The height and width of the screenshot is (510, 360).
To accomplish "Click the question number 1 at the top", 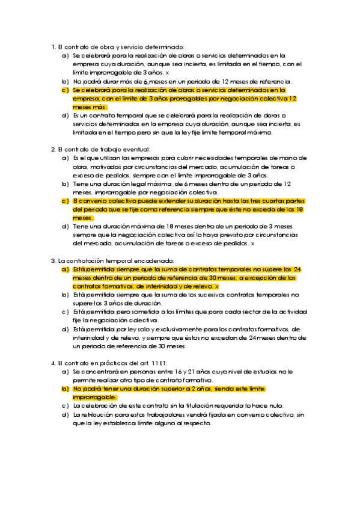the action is click(x=53, y=46).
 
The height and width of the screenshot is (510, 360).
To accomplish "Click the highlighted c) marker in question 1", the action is click(x=65, y=90).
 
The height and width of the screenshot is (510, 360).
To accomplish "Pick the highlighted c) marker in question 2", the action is click(x=65, y=201).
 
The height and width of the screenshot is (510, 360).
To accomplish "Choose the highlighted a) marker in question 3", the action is click(x=65, y=269).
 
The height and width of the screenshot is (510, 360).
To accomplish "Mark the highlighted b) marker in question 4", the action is click(x=65, y=389).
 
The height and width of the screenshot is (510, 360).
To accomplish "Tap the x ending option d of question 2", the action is click(x=252, y=244).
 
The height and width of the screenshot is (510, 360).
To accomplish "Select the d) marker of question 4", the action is click(x=65, y=415).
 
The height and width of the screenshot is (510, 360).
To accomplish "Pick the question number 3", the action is click(x=53, y=260).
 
